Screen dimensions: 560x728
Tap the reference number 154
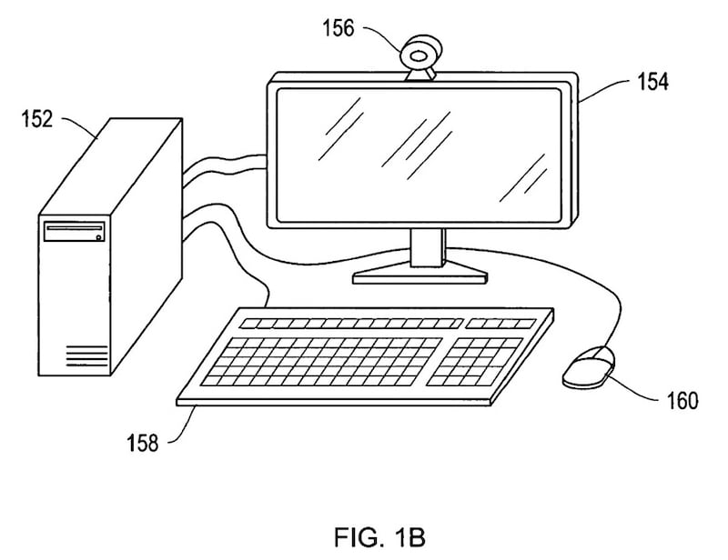652,82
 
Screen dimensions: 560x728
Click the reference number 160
682,400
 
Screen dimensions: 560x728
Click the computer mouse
588,366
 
